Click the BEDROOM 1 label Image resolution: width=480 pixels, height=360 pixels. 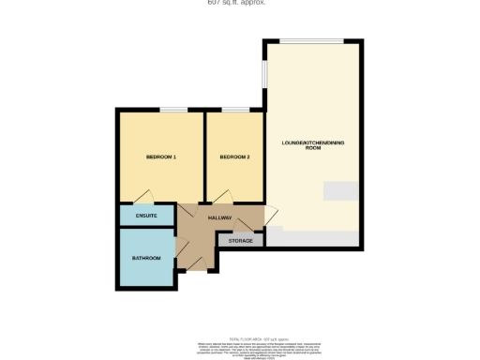tap(161, 157)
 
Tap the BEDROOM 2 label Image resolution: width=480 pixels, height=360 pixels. tap(234, 157)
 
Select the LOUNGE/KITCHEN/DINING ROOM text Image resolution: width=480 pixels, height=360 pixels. tap(312, 144)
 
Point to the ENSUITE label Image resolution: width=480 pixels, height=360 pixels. tap(146, 217)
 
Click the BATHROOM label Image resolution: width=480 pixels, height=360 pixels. tap(146, 258)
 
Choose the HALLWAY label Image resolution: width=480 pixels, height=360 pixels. tap(219, 217)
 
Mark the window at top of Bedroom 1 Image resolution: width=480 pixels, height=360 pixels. tap(172, 110)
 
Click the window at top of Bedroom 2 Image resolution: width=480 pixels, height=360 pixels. tap(235, 110)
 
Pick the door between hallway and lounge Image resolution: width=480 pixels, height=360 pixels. tap(268, 217)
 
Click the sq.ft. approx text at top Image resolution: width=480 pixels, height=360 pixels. tap(236, 3)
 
